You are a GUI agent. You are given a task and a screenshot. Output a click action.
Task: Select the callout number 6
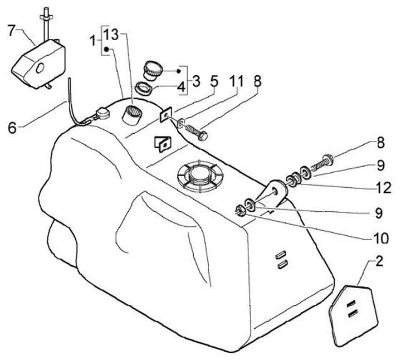(x=12, y=128)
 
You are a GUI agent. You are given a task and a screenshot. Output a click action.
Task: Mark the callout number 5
(x=213, y=81)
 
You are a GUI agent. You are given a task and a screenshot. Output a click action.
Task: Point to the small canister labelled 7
(x=38, y=62)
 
